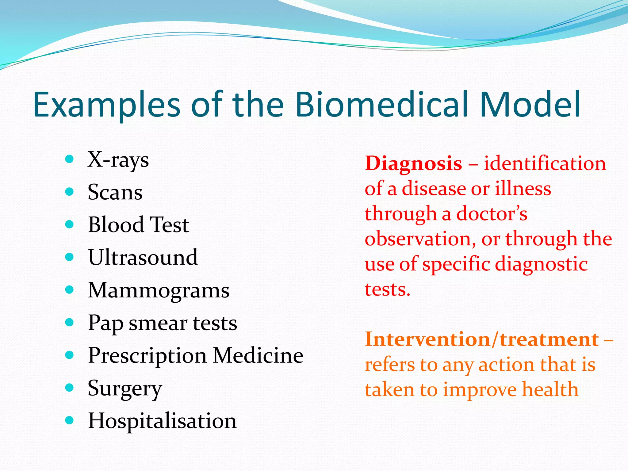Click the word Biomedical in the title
pos(381,105)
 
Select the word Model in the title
pos(530,105)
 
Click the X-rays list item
pos(118,160)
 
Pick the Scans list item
pos(115,193)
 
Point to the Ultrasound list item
pos(143,257)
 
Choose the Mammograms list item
pos(159,290)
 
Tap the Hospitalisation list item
pos(162,421)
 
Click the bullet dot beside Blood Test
pos(70,224)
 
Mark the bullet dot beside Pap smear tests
pos(70,322)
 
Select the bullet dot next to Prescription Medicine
pos(70,355)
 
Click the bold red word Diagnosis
pos(413,164)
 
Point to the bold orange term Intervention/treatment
pos(482,340)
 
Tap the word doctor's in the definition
pos(492,214)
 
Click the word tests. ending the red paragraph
pos(387,289)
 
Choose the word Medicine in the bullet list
pos(258,356)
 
